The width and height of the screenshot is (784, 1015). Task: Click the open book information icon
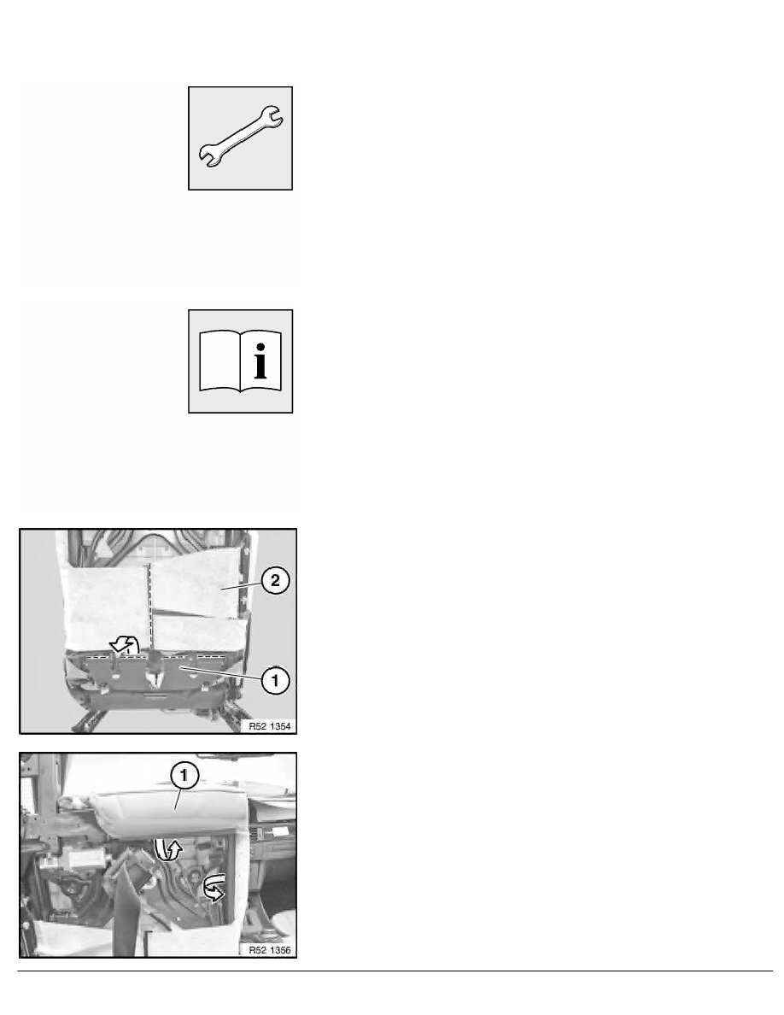click(x=241, y=361)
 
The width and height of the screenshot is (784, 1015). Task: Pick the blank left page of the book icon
click(x=220, y=363)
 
